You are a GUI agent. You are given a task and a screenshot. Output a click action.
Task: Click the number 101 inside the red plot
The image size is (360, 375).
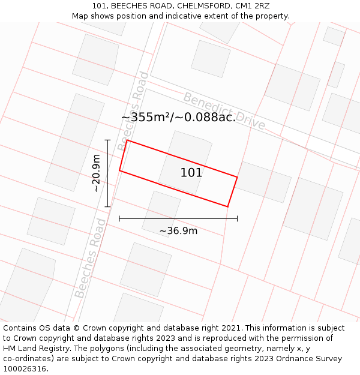[191, 173]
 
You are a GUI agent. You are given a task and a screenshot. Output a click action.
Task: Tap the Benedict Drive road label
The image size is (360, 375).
[224, 110]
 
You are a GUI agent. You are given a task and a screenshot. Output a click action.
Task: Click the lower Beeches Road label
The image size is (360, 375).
[90, 259]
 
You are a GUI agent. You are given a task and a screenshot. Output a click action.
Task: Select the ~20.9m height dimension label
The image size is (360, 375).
[96, 173]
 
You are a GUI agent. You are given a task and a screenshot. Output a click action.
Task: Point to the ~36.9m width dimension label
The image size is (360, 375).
[178, 230]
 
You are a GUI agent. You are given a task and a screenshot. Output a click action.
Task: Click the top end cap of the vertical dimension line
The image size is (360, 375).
[108, 140]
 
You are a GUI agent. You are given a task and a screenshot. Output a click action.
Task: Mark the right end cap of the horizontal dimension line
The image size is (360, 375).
[237, 218]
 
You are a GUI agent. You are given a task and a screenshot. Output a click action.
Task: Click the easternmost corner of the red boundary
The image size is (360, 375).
[237, 177]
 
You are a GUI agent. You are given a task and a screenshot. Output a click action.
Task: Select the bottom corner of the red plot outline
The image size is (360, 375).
[228, 206]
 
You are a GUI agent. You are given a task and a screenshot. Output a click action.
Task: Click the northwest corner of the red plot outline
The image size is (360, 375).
[127, 140]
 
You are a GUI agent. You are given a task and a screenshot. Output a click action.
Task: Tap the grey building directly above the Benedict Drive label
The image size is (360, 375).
[211, 58]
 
